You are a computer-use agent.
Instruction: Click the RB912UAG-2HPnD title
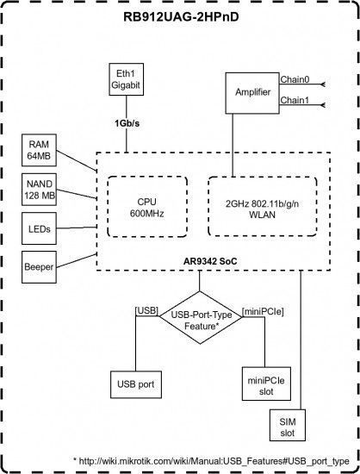(181, 17)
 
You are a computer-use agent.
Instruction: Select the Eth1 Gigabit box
(127, 79)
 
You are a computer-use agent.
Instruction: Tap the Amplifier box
(252, 93)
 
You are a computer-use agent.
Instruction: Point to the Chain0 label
(295, 79)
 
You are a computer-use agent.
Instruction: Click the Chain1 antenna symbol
(323, 105)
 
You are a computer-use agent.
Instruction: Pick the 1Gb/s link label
(127, 123)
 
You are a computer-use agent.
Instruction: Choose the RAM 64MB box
(39, 150)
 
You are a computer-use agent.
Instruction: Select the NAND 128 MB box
(40, 190)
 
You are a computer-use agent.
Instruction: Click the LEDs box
(40, 228)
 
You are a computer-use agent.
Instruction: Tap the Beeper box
(39, 267)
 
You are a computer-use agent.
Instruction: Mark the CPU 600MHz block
(147, 207)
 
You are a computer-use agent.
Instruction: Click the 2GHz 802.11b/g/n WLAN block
(263, 207)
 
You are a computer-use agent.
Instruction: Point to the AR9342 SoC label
(210, 261)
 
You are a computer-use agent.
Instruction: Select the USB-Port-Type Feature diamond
(201, 317)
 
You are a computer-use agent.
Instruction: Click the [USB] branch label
(146, 311)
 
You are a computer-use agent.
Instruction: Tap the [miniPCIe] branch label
(263, 311)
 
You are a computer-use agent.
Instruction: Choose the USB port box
(136, 384)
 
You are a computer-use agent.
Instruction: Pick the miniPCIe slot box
(266, 384)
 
